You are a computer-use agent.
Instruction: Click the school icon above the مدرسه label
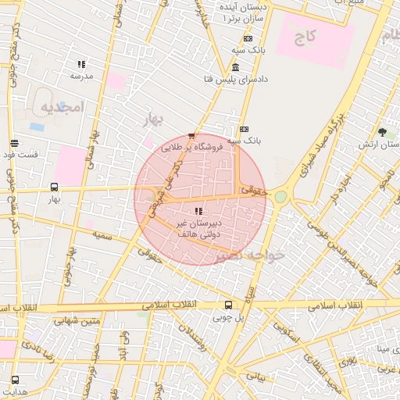80,64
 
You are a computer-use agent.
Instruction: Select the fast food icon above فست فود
14,142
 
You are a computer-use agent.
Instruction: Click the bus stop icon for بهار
53,187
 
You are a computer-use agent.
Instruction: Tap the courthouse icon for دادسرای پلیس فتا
236,67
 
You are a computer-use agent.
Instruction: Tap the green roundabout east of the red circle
280,197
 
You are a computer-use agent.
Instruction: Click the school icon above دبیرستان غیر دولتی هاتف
198,210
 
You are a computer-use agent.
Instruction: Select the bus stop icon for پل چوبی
228,305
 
